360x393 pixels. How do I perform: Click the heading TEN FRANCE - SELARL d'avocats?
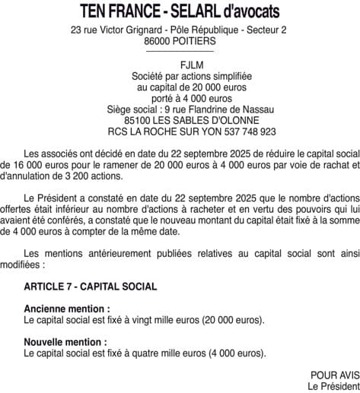180,11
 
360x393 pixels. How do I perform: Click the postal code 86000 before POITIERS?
158,42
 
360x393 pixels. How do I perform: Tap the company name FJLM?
180,66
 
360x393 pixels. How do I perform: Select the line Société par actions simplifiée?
180,77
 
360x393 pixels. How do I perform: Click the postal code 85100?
139,120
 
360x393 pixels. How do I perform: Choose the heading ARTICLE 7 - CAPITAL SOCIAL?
91,287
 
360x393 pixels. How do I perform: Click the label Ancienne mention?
67,309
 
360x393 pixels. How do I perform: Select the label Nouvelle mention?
65,342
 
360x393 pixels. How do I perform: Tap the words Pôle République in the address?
200,30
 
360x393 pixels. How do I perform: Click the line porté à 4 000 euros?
180,98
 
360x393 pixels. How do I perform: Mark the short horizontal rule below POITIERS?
180,52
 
